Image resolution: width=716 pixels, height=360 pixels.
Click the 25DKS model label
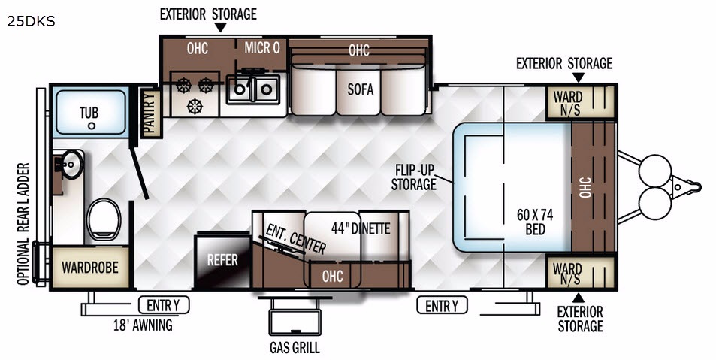coord(32,21)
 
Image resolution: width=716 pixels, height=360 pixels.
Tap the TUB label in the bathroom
coord(90,113)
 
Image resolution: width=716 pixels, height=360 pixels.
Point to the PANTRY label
coord(150,113)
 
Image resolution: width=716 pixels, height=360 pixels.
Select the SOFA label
coord(360,89)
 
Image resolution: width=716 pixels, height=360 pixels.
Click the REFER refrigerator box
coord(222,260)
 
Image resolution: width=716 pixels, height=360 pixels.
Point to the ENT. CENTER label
coord(295,235)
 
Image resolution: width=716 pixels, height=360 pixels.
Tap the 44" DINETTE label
coord(361,228)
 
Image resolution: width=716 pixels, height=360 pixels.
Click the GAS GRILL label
coord(295,348)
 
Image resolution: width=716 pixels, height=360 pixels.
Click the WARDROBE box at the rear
coord(89,267)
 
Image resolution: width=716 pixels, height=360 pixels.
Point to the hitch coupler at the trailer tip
coord(693,186)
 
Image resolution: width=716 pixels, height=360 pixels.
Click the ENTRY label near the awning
coord(164,305)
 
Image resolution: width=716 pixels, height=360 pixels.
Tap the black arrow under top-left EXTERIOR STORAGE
coord(220,28)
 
